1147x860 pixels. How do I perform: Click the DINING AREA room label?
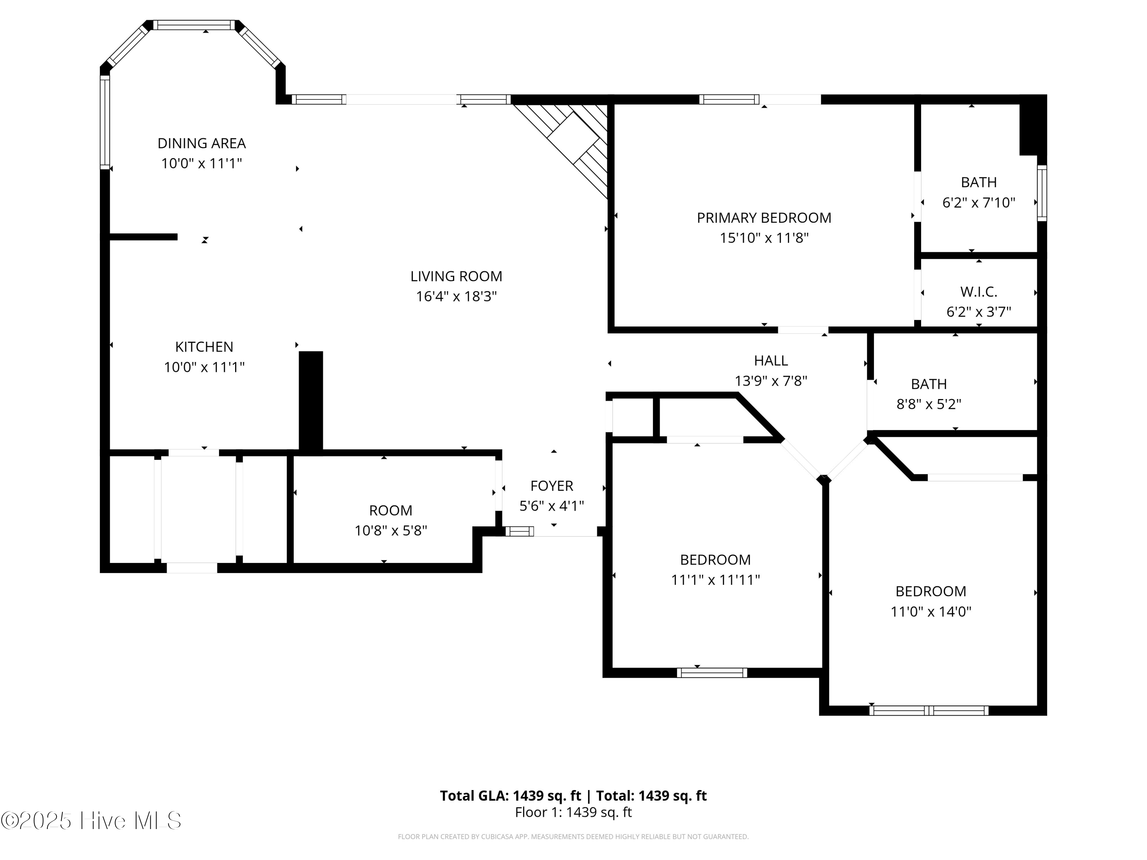click(x=202, y=143)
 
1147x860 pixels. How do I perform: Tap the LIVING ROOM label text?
click(x=456, y=276)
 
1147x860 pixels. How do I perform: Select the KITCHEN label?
click(x=204, y=347)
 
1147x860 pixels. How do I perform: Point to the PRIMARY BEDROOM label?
click(x=764, y=218)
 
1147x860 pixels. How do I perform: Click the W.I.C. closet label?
click(x=978, y=292)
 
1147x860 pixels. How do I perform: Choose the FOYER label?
click(x=552, y=486)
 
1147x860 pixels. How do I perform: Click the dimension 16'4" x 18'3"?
click(x=456, y=297)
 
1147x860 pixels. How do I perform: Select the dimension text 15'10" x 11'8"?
click(x=764, y=238)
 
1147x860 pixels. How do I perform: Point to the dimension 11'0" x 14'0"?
click(x=931, y=612)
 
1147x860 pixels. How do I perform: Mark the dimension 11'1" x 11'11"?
click(x=716, y=579)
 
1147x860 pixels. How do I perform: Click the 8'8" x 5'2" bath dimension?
click(x=929, y=404)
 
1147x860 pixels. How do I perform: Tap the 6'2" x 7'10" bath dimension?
click(x=978, y=202)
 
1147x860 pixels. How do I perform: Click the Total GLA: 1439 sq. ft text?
click(x=510, y=796)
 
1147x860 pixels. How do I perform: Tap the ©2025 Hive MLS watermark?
click(x=91, y=821)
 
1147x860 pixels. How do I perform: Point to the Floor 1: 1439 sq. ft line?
click(x=573, y=812)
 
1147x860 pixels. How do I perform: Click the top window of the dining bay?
click(x=195, y=25)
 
